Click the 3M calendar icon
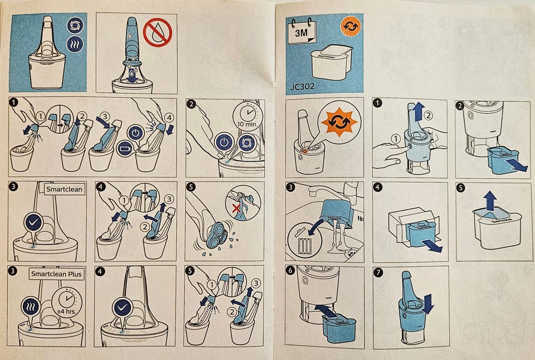[302, 31]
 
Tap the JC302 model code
[302, 86]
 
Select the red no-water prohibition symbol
[158, 32]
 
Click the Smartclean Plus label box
[56, 274]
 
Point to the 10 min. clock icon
[247, 115]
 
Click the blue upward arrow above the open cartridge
[490, 200]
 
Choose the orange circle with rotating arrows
[351, 26]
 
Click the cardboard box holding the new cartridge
[411, 225]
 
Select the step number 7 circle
[378, 272]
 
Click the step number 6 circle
[290, 271]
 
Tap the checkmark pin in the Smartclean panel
[34, 225]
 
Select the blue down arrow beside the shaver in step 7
[427, 304]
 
